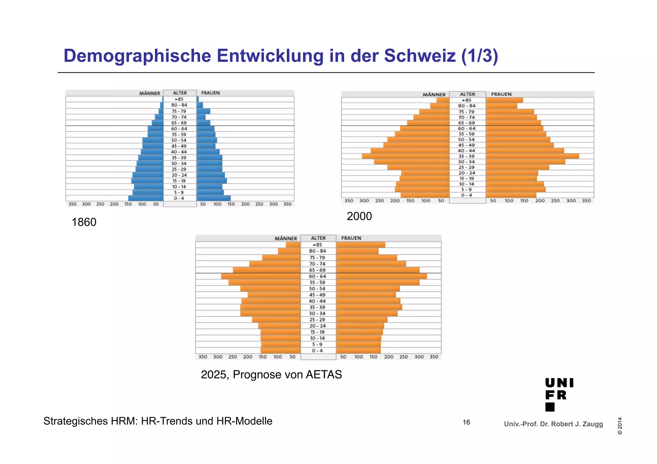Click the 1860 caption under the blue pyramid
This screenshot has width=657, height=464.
(84, 222)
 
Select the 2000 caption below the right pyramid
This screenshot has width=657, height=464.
(359, 216)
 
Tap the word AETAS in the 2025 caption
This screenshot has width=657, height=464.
(324, 375)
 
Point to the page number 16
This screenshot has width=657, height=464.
(466, 422)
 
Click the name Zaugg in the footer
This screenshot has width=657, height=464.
(593, 424)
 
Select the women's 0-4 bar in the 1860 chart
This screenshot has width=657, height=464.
(213, 198)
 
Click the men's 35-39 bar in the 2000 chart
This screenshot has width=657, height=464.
(405, 156)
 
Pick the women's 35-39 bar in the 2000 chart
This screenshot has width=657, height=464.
(532, 156)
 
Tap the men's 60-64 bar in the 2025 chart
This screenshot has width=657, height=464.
(260, 276)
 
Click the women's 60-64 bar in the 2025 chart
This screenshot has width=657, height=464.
(381, 276)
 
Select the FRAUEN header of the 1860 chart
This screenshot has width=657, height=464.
(210, 93)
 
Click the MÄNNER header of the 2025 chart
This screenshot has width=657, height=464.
(286, 239)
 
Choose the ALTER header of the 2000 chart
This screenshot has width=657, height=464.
(467, 94)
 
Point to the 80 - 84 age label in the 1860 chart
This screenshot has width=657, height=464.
(179, 105)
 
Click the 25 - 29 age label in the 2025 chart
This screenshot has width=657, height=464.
(317, 320)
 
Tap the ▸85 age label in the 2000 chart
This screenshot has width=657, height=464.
(467, 100)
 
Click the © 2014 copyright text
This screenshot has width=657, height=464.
(620, 426)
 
